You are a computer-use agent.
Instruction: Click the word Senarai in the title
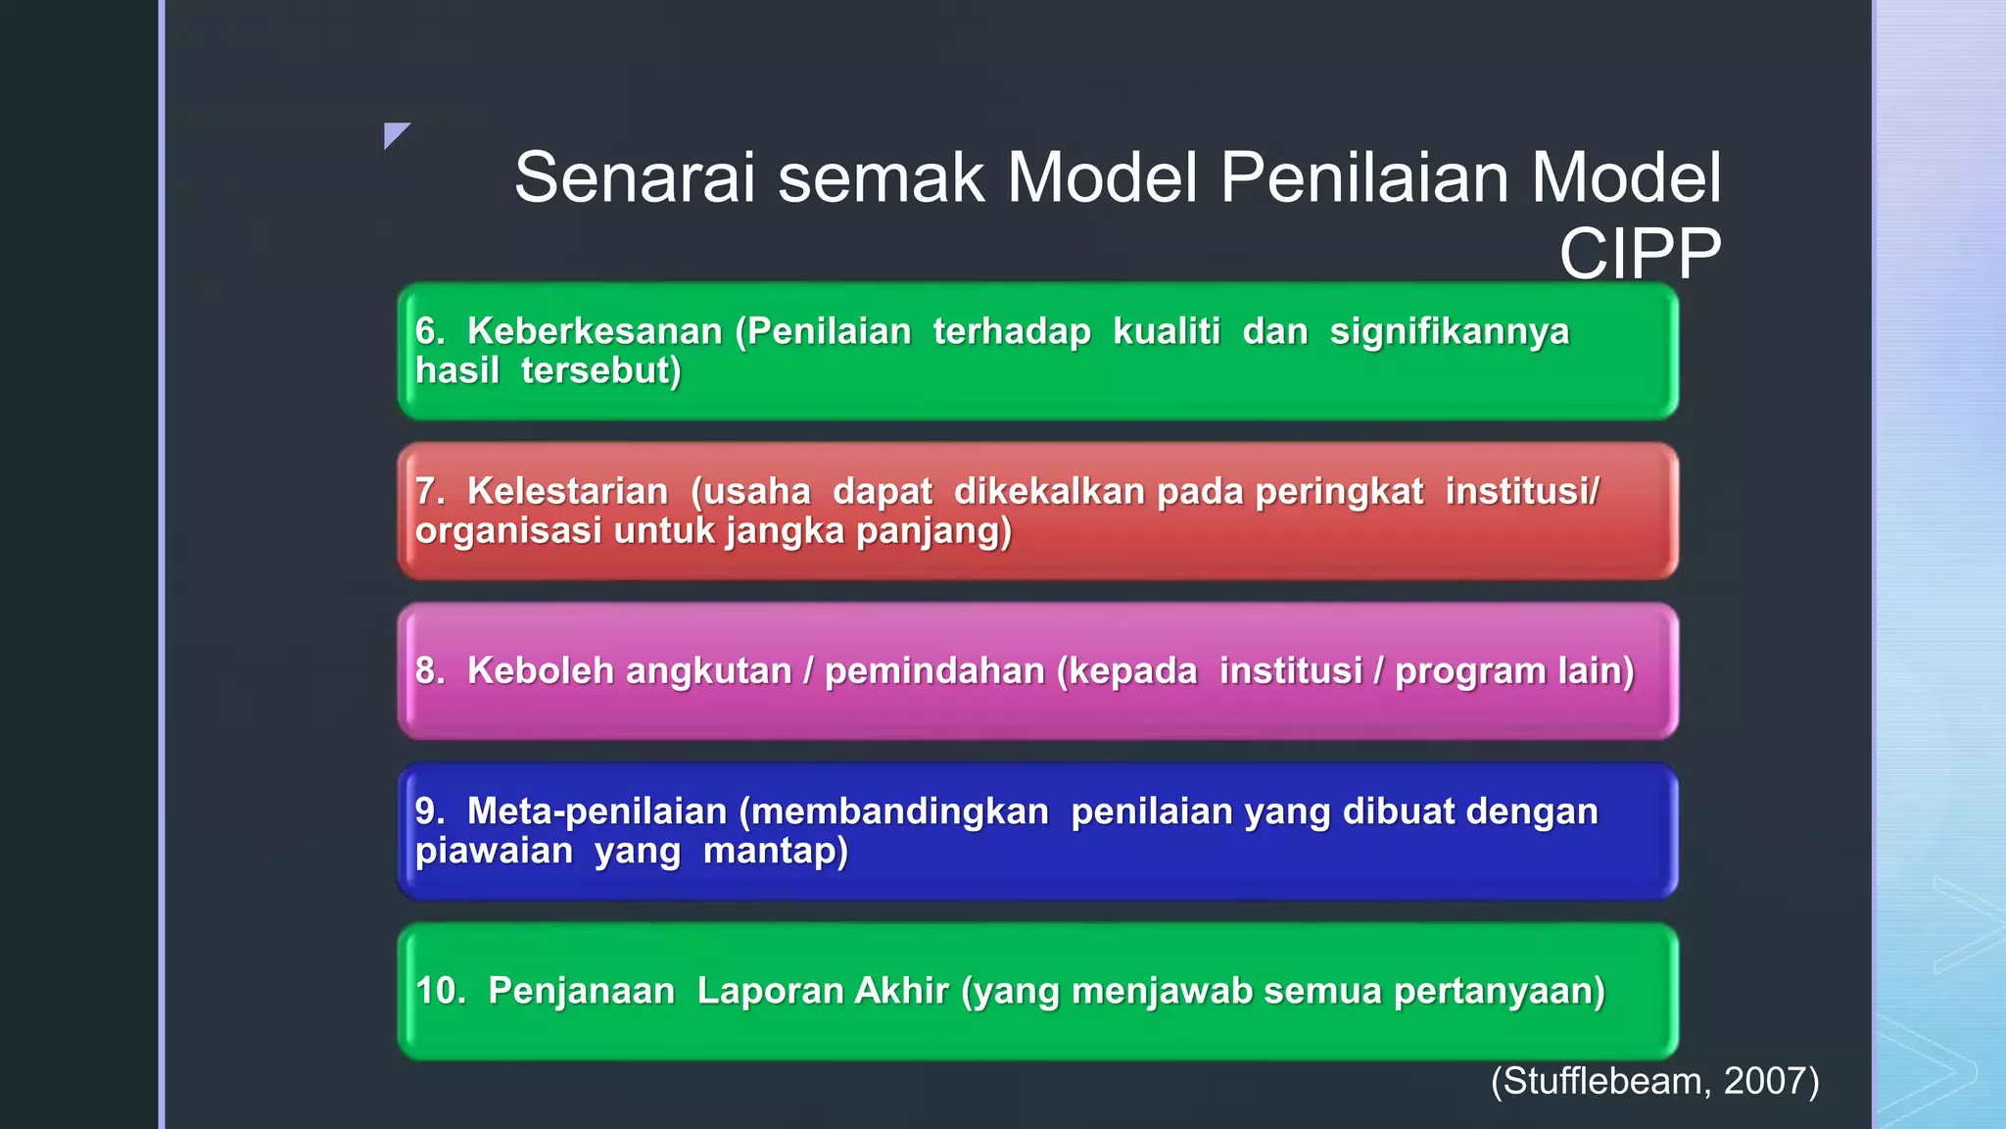coord(635,178)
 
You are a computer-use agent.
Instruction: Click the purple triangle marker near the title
coord(395,133)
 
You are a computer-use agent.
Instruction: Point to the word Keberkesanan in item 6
coord(595,331)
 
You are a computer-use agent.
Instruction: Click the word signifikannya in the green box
coord(1449,331)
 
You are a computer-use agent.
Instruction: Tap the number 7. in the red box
coord(429,491)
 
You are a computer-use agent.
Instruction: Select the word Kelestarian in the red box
coord(567,491)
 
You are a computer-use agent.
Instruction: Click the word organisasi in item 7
coord(508,530)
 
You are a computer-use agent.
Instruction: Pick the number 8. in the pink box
coord(429,671)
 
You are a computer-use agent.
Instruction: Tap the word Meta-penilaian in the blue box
coord(597,811)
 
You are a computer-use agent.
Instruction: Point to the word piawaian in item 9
coord(494,851)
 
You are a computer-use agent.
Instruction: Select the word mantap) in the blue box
coord(775,851)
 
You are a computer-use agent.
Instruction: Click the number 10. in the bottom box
coord(440,991)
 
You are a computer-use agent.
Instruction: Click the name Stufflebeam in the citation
coord(1606,1081)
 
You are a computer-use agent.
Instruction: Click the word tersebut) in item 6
coord(600,370)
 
